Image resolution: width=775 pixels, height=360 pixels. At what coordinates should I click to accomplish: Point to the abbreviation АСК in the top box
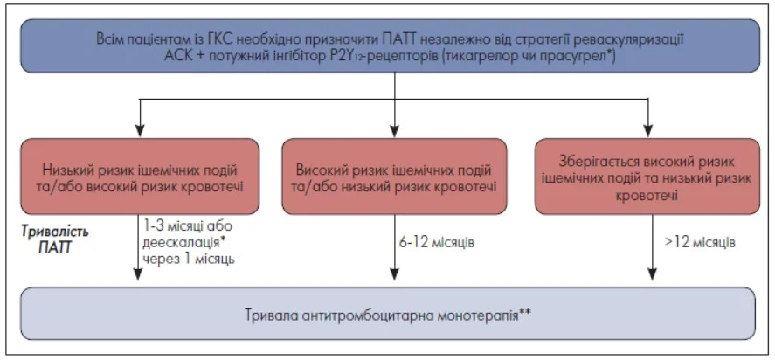tap(178, 55)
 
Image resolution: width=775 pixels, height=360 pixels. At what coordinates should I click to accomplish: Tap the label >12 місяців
tap(698, 244)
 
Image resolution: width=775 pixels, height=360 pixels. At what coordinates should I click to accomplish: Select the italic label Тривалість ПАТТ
tap(55, 239)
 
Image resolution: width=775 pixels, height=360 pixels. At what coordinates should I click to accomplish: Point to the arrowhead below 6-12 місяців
tap(394, 274)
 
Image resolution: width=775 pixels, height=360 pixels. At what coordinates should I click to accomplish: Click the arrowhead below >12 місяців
tap(653, 274)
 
